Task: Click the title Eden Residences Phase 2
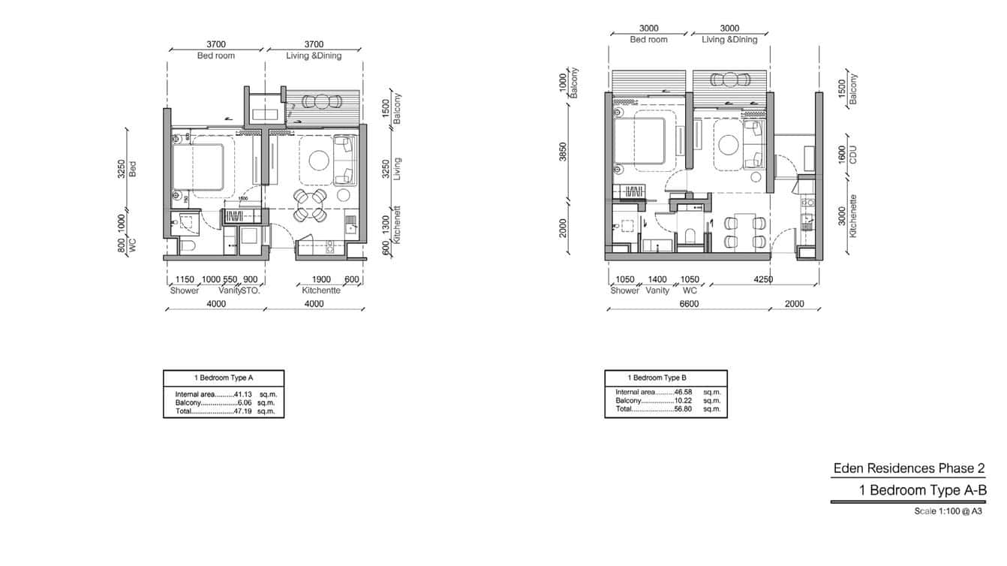[x=909, y=468]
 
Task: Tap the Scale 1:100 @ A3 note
[x=948, y=511]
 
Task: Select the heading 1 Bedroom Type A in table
[x=223, y=378]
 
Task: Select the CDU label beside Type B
[x=852, y=155]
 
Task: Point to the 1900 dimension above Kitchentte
[x=321, y=280]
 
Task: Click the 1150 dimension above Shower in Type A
[x=185, y=280]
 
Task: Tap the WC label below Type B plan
[x=690, y=290]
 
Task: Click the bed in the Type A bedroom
[x=198, y=167]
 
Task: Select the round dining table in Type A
[x=309, y=205]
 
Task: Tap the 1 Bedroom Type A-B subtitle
[x=922, y=491]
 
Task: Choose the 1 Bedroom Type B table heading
[x=657, y=378]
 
